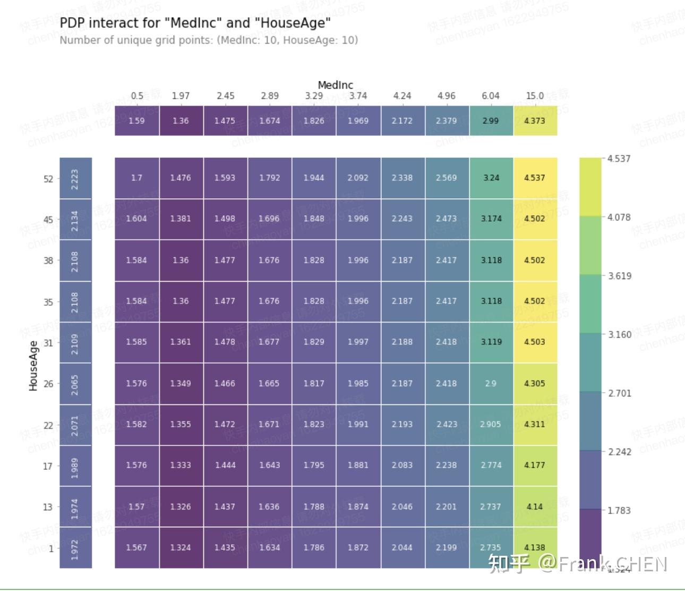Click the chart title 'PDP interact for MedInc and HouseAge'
pos(195,23)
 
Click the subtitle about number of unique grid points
pos(209,40)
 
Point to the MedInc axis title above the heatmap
pos(335,85)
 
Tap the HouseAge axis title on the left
pos(33,366)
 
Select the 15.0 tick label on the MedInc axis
pos(535,96)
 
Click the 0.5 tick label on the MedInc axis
pos(137,96)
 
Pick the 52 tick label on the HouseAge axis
pos(48,179)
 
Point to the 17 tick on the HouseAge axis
pos(48,466)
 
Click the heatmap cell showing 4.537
pos(535,178)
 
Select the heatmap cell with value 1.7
pos(137,178)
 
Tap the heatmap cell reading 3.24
pos(491,178)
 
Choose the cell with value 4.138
pos(535,547)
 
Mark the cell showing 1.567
pos(136,547)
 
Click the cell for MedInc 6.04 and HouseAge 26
pos(491,383)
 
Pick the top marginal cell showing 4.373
pos(535,121)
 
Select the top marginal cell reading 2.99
pos(491,121)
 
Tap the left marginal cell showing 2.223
pos(75,179)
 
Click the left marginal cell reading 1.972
pos(75,548)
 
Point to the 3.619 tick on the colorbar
pos(619,276)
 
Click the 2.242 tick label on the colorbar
pos(619,452)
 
